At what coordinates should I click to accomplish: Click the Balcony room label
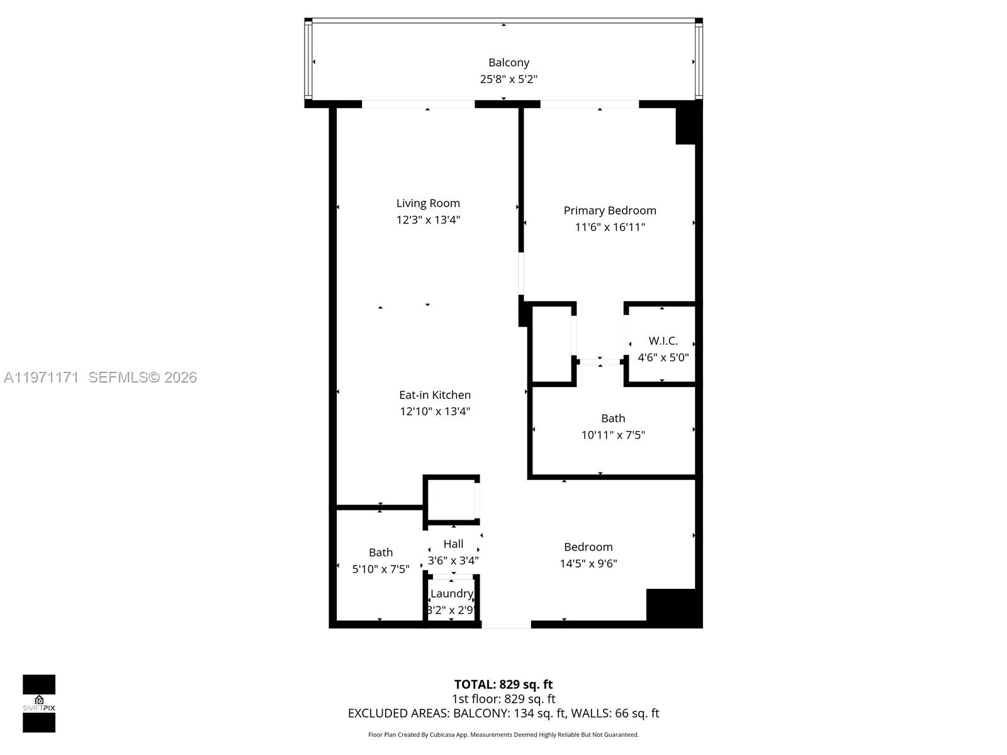tap(509, 62)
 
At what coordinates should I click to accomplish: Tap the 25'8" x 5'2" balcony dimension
tap(509, 79)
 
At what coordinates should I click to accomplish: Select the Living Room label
tap(428, 203)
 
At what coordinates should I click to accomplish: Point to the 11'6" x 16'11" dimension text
tap(610, 227)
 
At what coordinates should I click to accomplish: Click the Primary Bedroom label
tap(610, 210)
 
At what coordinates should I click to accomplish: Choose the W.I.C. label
tap(663, 340)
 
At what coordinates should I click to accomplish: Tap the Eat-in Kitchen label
tap(435, 394)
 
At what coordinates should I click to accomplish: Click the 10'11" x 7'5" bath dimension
tap(613, 435)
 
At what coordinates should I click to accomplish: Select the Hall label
tap(453, 544)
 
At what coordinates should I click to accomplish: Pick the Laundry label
tap(451, 593)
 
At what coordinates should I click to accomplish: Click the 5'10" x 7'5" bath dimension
tap(381, 569)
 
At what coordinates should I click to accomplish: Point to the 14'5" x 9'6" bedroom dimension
tap(588, 564)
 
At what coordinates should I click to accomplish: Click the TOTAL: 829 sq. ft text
tap(503, 684)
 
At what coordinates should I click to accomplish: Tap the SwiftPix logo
tap(39, 703)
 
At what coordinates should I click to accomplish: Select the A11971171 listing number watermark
tap(42, 377)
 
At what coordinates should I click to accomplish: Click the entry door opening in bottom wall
tap(506, 624)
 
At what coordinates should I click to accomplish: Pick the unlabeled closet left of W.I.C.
tap(552, 344)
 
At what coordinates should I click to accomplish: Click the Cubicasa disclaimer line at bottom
tap(503, 734)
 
